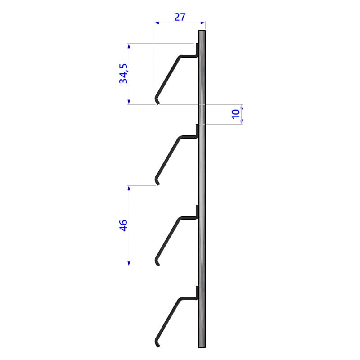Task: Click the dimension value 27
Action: tap(180, 17)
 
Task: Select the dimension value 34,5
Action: tap(123, 73)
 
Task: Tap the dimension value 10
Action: tap(235, 114)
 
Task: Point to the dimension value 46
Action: tap(123, 225)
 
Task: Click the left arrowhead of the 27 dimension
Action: tap(157, 22)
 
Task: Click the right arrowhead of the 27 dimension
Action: tap(203, 22)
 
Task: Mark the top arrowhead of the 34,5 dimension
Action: tap(129, 46)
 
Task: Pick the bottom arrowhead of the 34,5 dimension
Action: tap(129, 102)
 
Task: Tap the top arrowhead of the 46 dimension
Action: tap(129, 188)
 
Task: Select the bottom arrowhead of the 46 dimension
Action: tap(129, 264)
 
